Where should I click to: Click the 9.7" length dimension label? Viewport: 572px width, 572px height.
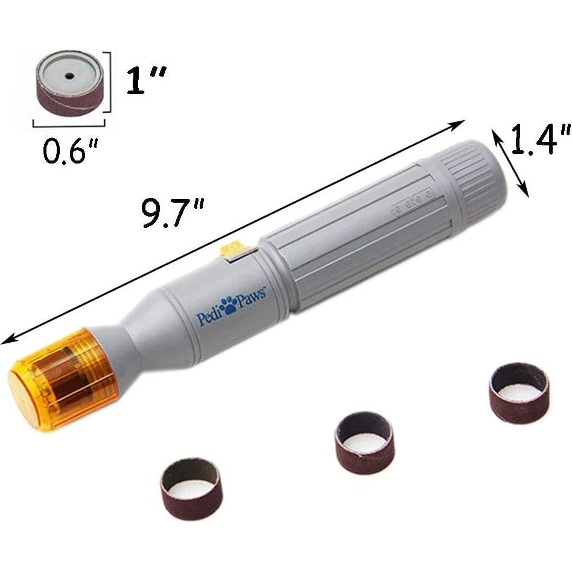pos(171,212)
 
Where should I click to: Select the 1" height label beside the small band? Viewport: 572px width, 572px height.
pos(145,81)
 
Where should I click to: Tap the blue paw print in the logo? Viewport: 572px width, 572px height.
pos(228,307)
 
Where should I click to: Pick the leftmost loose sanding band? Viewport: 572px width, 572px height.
pos(192,479)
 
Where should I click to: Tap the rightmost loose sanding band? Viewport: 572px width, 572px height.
pos(518,392)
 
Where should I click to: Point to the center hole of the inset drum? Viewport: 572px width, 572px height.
pos(69,75)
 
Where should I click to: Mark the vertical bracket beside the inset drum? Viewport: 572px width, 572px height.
pos(109,82)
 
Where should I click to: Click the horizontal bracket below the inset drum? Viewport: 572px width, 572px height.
pos(69,124)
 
